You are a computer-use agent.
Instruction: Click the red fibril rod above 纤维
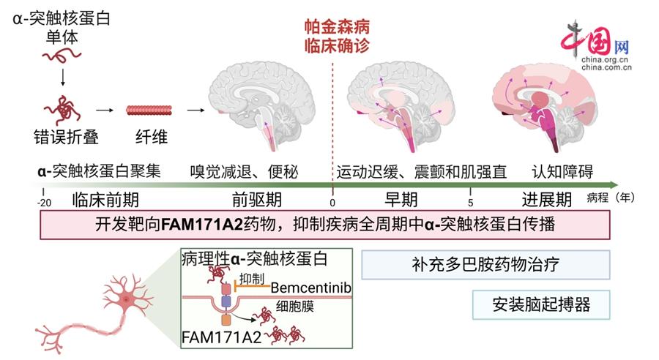click(147, 110)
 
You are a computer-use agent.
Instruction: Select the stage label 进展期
click(547, 200)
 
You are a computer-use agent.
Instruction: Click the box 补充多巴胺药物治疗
click(485, 264)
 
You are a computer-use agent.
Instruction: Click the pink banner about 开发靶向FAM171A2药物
click(325, 225)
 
